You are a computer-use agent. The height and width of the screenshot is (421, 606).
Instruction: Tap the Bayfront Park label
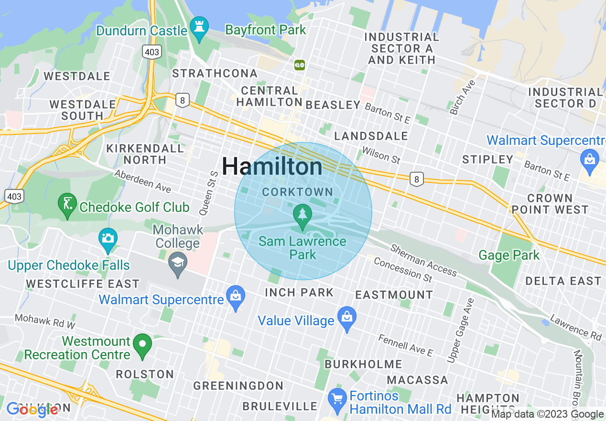pyautogui.click(x=265, y=30)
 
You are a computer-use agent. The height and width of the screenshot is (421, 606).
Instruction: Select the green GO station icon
pyautogui.click(x=300, y=64)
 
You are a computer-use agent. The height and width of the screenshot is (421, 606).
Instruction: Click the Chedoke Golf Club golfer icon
pyautogui.click(x=67, y=204)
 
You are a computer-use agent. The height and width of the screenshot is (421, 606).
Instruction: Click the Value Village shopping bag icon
pyautogui.click(x=347, y=318)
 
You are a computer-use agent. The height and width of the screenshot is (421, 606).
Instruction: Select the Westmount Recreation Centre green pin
pyautogui.click(x=142, y=344)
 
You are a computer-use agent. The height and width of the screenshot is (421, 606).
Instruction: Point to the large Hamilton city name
pyautogui.click(x=272, y=166)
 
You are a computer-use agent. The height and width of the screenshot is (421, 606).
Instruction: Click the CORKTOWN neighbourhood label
pyautogui.click(x=298, y=192)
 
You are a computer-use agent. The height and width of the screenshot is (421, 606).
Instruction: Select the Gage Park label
pyautogui.click(x=509, y=255)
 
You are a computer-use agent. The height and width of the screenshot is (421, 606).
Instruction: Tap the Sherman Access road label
pyautogui.click(x=423, y=261)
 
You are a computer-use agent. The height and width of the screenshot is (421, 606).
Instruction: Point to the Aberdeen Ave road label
pyautogui.click(x=142, y=181)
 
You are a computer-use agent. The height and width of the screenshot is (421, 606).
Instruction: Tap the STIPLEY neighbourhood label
pyautogui.click(x=487, y=159)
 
